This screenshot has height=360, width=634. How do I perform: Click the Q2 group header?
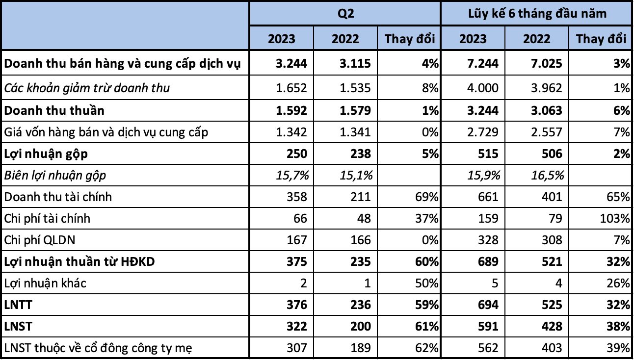(x=344, y=13)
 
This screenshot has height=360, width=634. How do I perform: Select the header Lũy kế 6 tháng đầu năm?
(x=537, y=13)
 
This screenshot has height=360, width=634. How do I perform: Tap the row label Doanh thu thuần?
(x=54, y=110)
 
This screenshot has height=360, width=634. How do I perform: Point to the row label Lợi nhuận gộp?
(x=47, y=154)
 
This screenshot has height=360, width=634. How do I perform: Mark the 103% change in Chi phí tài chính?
(x=616, y=218)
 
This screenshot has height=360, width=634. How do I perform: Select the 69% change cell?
(x=425, y=197)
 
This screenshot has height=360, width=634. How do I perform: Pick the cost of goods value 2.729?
(x=484, y=132)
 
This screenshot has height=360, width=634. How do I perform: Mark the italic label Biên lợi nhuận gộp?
(x=55, y=175)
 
